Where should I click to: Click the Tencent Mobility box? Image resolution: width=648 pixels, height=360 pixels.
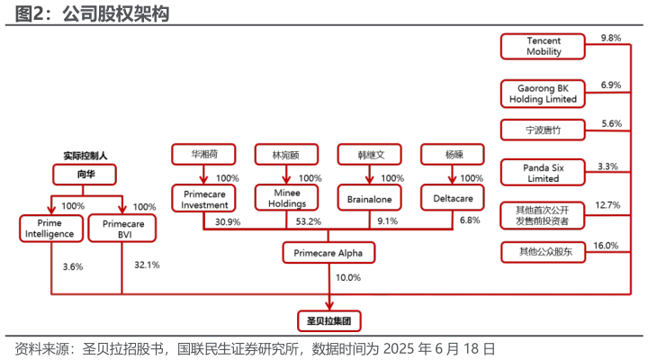click(543, 46)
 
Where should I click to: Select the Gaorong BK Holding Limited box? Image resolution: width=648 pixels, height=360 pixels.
click(543, 94)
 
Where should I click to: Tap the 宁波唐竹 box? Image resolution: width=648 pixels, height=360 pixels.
click(543, 130)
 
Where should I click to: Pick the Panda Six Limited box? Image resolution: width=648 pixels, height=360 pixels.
click(543, 173)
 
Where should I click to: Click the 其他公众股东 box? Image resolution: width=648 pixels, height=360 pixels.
click(544, 252)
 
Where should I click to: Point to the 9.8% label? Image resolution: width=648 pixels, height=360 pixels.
click(611, 38)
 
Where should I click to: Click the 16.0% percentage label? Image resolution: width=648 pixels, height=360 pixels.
click(606, 246)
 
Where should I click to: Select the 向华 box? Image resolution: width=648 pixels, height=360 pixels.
click(85, 175)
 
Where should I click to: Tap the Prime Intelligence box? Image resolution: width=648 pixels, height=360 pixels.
click(51, 229)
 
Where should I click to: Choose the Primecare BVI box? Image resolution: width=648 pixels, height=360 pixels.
click(122, 229)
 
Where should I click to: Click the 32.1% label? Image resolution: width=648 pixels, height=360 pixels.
click(147, 265)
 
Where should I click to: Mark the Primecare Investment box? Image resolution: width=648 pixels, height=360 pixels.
click(203, 199)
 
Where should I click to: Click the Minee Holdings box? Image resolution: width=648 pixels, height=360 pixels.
click(287, 198)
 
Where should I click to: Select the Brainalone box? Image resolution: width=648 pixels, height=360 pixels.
click(370, 199)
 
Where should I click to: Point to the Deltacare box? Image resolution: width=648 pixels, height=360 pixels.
click(453, 198)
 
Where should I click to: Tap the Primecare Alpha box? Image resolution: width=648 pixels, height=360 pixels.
click(328, 253)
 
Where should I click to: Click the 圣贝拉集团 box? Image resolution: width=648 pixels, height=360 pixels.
click(329, 321)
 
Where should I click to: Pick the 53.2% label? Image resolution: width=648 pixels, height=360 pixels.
click(309, 221)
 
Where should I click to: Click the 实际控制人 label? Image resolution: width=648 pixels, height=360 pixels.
click(85, 156)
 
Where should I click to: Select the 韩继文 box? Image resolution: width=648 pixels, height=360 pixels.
click(370, 155)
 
